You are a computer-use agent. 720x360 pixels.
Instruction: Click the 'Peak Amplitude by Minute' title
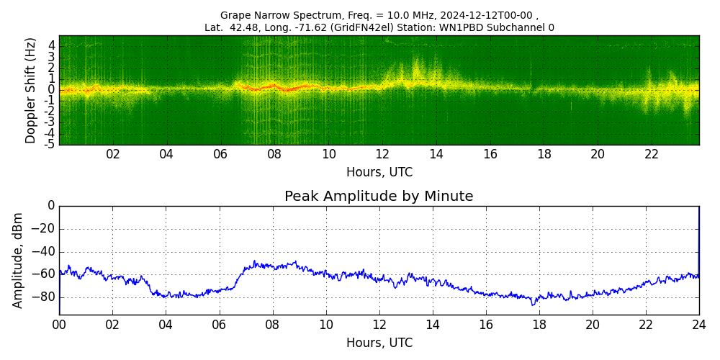379,197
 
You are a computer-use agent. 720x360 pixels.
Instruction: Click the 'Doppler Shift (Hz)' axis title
31,90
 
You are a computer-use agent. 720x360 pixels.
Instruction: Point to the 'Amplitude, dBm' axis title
18,260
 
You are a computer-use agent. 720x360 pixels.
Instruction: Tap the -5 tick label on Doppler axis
50,144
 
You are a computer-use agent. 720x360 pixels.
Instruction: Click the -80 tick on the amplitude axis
45,297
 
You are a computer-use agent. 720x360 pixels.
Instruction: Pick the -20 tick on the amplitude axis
45,229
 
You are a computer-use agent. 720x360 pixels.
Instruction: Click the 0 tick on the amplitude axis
51,206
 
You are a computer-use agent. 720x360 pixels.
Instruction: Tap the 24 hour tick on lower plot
699,325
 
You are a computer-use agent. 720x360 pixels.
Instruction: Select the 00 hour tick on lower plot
59,325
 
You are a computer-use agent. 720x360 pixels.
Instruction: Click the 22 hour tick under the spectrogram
652,155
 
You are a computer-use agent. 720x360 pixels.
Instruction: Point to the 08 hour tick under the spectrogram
274,155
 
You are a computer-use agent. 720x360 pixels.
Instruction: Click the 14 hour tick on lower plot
433,325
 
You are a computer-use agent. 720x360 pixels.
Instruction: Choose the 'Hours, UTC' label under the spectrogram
379,173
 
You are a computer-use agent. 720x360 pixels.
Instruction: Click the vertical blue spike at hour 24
698,238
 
